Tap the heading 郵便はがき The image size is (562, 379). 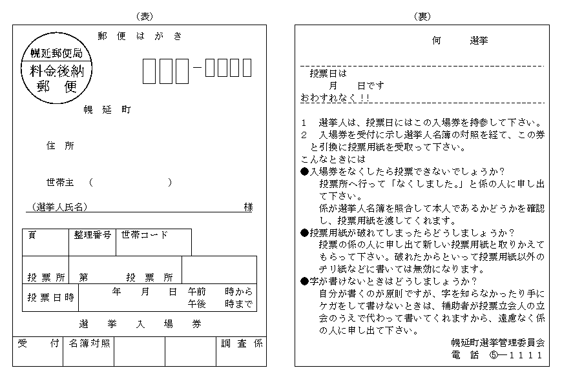pos(140,36)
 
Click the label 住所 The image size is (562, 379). pos(60,145)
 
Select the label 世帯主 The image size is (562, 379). pos(60,182)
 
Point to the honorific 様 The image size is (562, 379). pos(248,207)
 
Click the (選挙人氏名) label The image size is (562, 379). pos(59,207)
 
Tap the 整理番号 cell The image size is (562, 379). pos(92,242)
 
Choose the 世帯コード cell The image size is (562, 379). pos(154,242)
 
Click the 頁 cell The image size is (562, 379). pos(45,242)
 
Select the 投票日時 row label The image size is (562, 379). pos(50,298)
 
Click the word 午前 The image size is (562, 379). pos(197,291)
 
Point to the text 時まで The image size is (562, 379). pos(239,303)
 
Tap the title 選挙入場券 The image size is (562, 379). pos(140,324)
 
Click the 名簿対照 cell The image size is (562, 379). pos(88,351)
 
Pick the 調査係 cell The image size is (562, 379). pos(241,351)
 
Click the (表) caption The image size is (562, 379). pos(145,17)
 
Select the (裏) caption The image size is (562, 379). pos(422,17)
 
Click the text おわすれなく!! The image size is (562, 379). pos(335,97)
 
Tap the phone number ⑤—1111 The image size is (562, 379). pos(516,355)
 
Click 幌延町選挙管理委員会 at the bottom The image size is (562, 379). pos(498,343)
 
